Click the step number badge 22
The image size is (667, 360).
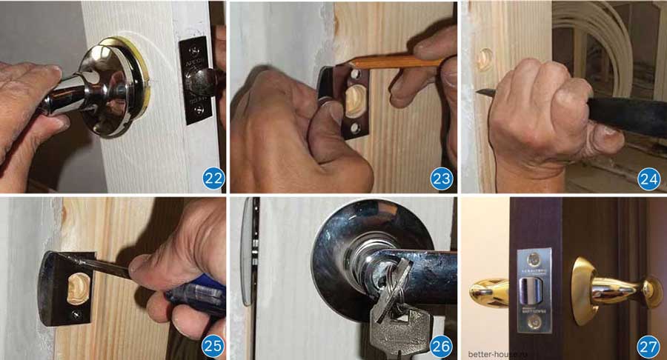click(213, 178)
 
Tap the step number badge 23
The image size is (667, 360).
click(441, 178)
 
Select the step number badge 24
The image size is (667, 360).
click(648, 178)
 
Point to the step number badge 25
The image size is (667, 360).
click(213, 345)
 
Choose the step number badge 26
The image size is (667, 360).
click(441, 345)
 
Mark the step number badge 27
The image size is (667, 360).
click(648, 345)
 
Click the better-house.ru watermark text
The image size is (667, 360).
click(494, 353)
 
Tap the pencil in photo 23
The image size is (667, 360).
click(400, 61)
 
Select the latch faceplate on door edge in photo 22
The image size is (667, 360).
click(196, 80)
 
